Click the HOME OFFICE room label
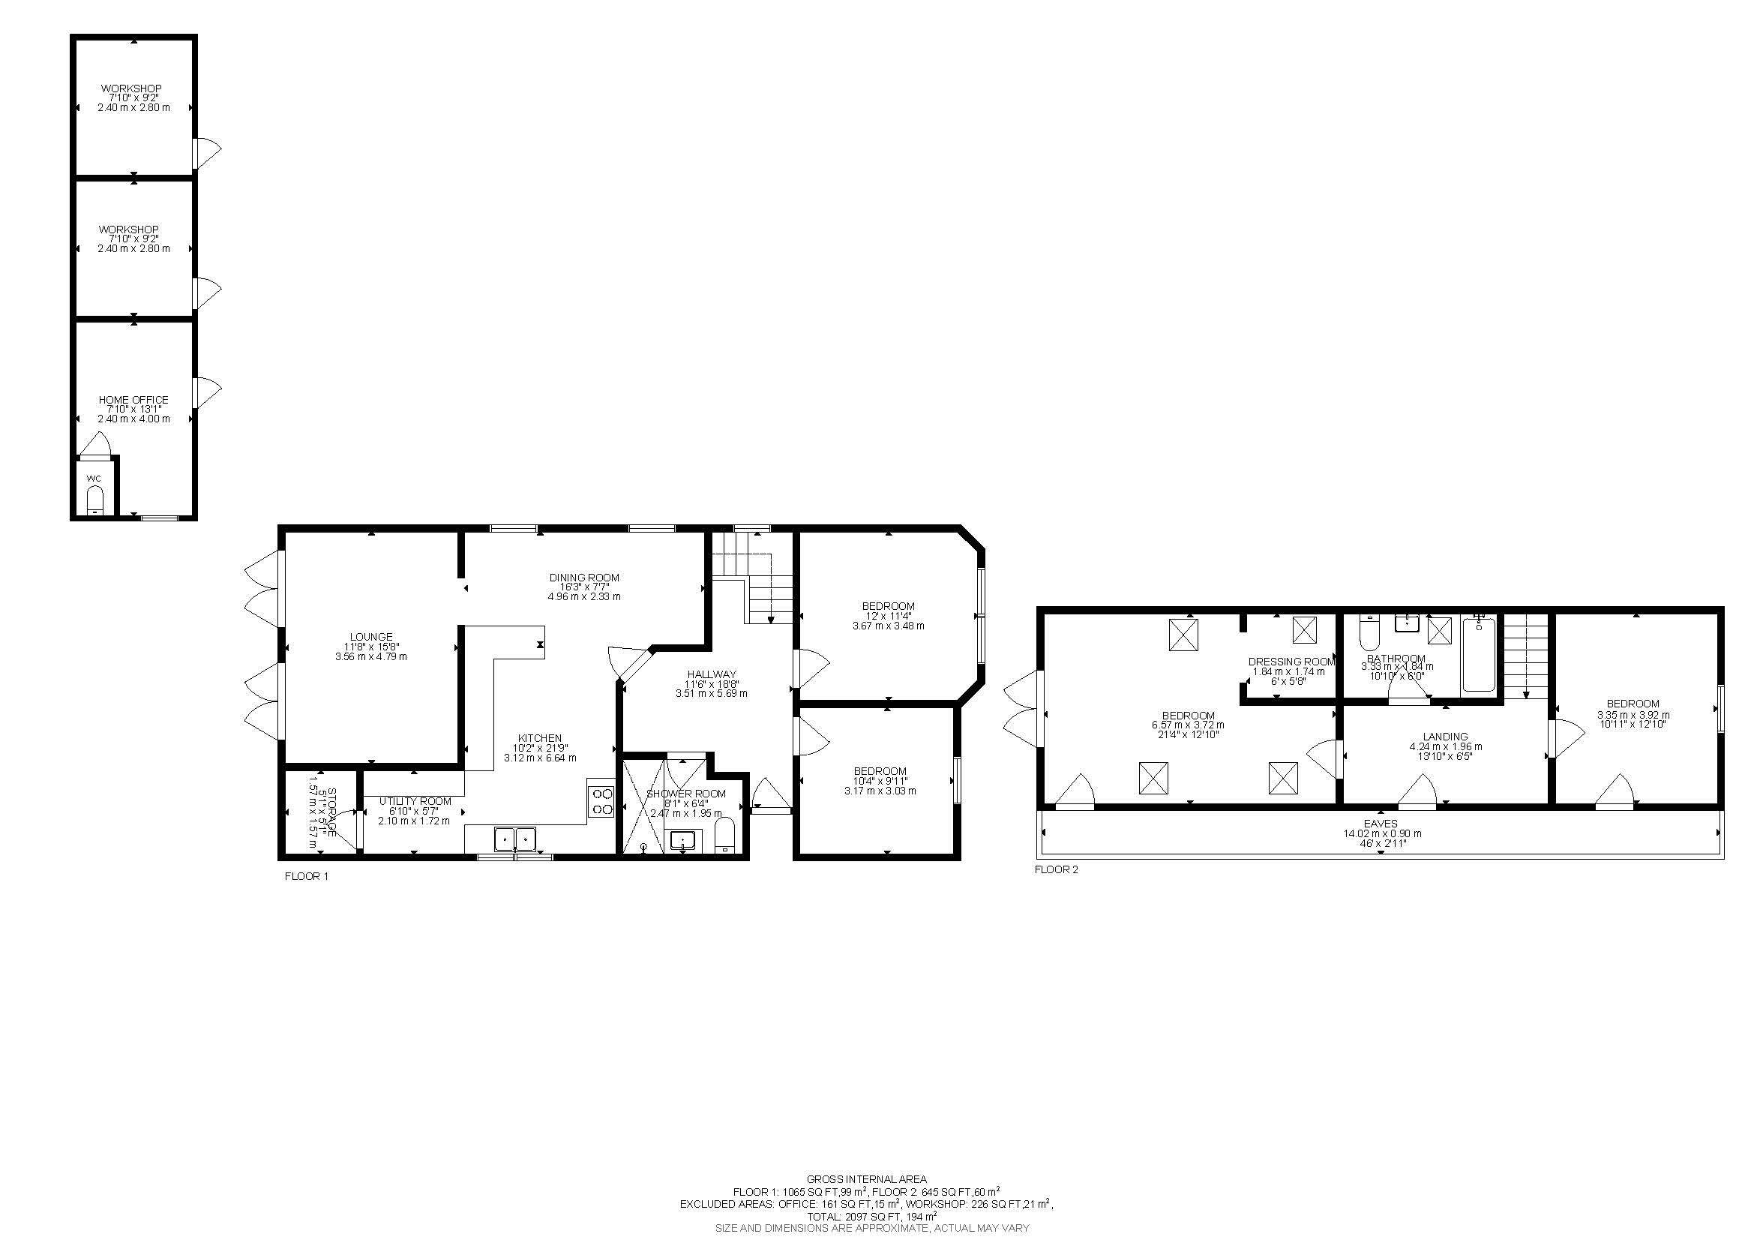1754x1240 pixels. (133, 400)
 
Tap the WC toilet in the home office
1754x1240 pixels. (94, 500)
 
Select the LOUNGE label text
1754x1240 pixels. (370, 636)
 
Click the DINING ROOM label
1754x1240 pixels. (583, 578)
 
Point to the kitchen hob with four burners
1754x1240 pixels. (602, 800)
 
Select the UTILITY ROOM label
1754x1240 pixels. (415, 801)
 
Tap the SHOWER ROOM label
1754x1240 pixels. (685, 794)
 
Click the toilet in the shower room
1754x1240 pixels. (724, 834)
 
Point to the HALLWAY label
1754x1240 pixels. (710, 674)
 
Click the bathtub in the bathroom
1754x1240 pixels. (1478, 655)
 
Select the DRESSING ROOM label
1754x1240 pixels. (1291, 662)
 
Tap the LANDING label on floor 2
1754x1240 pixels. (1444, 737)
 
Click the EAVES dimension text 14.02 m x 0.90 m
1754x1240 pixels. (1382, 833)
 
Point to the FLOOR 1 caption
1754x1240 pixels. (307, 876)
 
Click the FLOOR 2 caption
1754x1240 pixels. (1056, 869)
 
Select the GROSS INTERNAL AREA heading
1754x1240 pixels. (866, 1179)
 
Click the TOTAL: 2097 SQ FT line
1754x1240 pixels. (871, 1216)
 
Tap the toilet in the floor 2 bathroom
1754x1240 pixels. (1368, 634)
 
